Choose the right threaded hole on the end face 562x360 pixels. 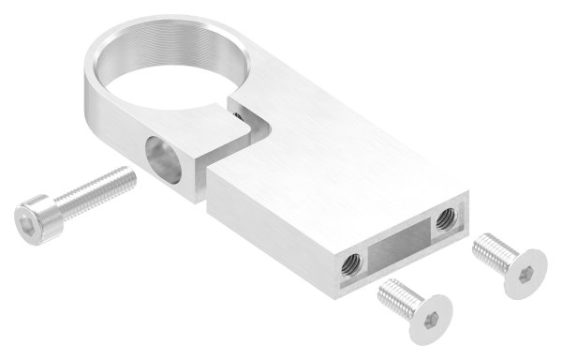(443, 219)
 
